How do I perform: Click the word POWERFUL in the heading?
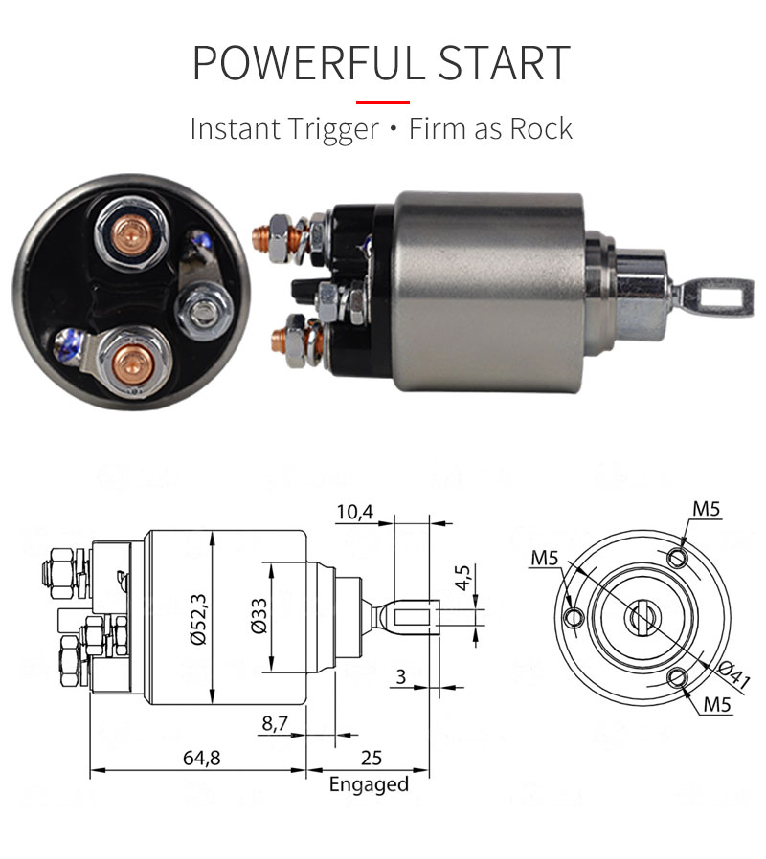[308, 63]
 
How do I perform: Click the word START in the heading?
[505, 63]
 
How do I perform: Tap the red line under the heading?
[383, 102]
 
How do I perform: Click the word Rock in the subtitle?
[541, 129]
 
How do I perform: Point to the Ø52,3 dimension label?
[198, 619]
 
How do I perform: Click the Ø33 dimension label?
[259, 616]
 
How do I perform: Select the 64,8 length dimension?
[202, 759]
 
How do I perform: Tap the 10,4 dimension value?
[355, 512]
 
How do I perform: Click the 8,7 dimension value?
[275, 723]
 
